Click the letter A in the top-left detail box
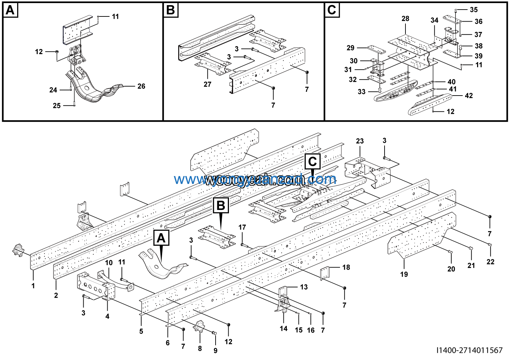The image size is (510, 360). coord(10,10)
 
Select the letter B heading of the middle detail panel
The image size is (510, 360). coord(170,10)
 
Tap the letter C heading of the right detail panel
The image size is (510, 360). coord(332,10)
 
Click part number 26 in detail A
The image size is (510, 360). coord(141,86)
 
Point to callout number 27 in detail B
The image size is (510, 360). coord(207,84)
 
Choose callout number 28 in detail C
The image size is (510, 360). coord(405,19)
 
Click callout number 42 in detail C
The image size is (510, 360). coord(469,96)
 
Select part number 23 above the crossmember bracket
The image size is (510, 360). coord(360,141)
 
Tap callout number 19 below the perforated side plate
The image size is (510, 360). coord(404,274)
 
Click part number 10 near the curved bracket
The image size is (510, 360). coord(109,263)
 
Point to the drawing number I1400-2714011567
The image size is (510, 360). coord(469,350)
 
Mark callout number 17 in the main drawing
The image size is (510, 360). coord(242,227)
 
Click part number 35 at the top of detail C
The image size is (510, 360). coord(474,10)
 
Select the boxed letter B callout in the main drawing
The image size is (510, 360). coord(221,206)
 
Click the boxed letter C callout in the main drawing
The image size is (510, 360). coord(312,161)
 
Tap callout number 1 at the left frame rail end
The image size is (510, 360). coord(33,285)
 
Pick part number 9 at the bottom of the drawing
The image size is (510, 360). coord(215,351)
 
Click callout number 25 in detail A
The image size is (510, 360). coord(57,106)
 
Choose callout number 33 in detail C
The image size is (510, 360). coord(362,92)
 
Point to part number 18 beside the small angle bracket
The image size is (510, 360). coord(346,267)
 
